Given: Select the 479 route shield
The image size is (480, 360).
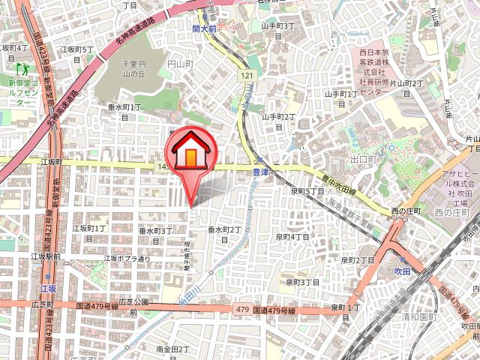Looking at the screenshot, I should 241,308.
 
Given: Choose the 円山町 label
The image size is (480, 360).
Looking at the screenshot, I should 180,64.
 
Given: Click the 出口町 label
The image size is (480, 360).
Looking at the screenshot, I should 362,159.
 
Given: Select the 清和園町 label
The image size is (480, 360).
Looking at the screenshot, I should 418,317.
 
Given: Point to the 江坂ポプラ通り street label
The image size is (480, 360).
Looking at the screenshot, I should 128,259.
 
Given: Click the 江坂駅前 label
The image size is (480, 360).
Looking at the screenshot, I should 46,256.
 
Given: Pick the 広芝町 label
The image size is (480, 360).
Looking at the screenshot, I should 43,304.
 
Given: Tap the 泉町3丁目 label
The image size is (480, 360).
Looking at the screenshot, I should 303,283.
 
